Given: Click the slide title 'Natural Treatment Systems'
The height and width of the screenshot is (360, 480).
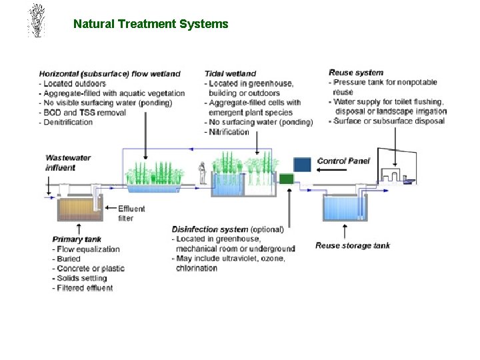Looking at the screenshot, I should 151,24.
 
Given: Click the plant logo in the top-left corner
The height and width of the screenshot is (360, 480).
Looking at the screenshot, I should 37,20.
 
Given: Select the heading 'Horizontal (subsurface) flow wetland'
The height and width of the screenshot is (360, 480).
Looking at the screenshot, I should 109,73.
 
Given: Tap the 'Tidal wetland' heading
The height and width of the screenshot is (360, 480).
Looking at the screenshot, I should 230,73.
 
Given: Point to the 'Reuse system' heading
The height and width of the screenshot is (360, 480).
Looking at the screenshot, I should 356,73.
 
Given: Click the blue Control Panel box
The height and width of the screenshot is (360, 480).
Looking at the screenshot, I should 303,165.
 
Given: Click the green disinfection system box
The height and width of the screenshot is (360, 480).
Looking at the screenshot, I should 286,179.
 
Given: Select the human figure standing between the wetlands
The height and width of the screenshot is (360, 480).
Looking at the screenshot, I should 202,173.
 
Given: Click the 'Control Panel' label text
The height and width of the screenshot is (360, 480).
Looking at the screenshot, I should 343,161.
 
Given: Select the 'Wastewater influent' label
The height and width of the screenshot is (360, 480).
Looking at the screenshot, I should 67,163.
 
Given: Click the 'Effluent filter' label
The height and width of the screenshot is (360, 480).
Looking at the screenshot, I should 131,213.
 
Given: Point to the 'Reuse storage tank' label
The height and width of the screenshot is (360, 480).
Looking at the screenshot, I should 353,245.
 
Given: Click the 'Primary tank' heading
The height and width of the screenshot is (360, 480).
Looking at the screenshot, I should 77,239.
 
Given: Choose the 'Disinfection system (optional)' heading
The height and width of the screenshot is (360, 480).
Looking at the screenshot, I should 227,229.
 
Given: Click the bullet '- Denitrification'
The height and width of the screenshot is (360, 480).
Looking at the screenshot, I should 67,122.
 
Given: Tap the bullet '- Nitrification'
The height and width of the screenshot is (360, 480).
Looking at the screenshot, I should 229,131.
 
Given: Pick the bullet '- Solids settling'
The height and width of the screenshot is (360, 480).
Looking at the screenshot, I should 79,278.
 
